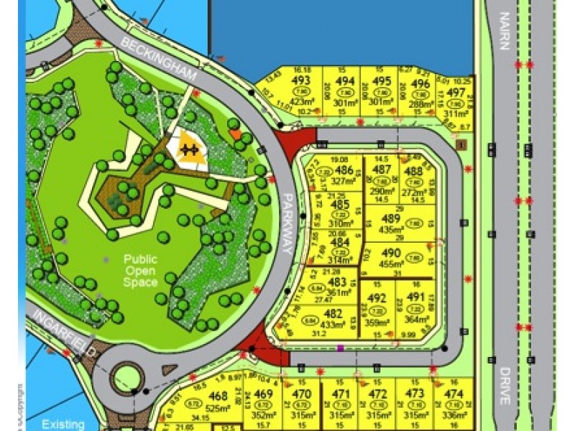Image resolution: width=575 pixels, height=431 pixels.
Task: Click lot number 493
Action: [x=301, y=80]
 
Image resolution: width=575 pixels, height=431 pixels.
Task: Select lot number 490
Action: [x=391, y=253]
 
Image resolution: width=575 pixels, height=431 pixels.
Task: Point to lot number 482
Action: [x=333, y=313]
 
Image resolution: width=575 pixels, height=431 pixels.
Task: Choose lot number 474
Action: [x=453, y=394]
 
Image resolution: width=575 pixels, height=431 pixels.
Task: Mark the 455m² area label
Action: [x=391, y=264]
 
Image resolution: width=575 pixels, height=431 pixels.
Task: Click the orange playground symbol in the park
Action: [x=189, y=148]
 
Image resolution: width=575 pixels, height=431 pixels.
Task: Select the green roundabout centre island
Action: [x=126, y=376]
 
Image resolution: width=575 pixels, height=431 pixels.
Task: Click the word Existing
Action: [x=62, y=424]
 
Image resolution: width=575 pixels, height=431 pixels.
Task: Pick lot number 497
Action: [x=456, y=93]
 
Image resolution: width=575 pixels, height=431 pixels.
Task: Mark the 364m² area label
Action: [x=415, y=320]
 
